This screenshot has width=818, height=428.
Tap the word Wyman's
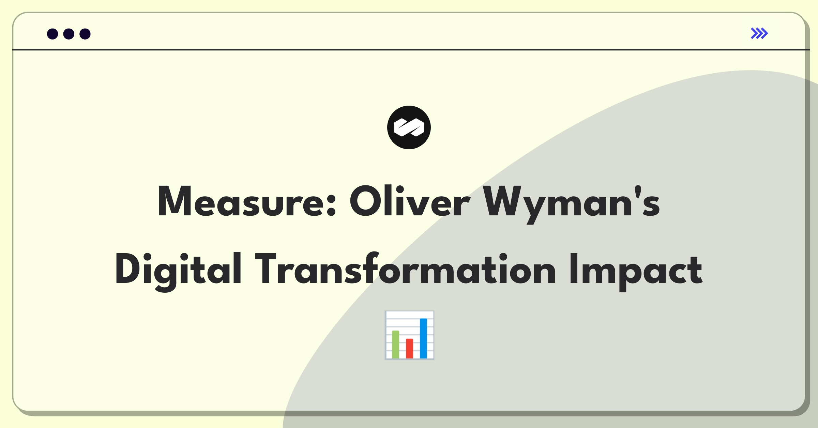coord(571,204)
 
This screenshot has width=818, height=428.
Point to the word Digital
coord(179,272)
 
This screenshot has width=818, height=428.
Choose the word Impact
coord(636,272)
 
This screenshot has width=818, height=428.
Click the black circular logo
coord(409,127)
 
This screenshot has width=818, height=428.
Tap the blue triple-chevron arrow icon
coord(759,33)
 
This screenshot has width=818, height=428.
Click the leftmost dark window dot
coord(52,34)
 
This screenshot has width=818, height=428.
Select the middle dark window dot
coord(69,34)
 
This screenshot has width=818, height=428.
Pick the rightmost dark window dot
coord(85,34)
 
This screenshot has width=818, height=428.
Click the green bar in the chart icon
coord(395,344)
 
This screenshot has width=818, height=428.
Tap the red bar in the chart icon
coord(409,348)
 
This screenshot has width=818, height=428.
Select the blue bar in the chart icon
coord(423,338)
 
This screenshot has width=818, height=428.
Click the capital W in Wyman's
coord(507,201)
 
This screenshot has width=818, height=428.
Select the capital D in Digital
coord(127,268)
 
